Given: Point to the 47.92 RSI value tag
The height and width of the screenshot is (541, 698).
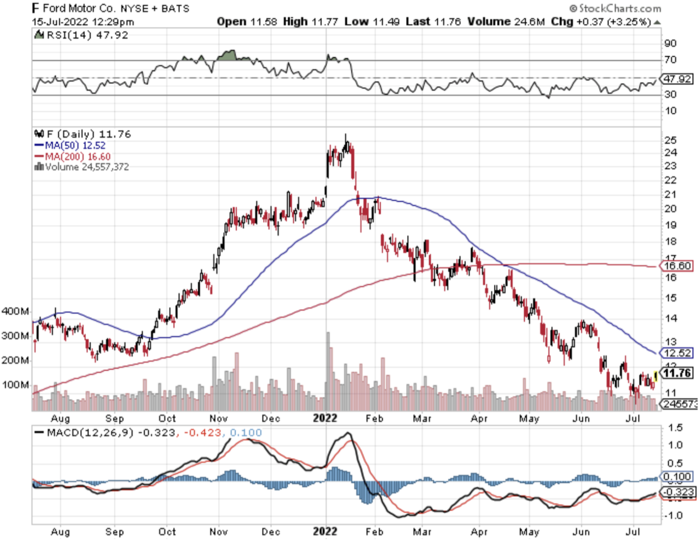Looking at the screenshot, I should [677, 79].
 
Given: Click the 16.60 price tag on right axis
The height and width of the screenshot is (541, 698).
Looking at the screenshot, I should [677, 266].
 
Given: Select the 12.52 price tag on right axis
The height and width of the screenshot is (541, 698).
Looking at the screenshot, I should [677, 353].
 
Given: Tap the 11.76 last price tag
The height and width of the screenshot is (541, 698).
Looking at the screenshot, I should [677, 373].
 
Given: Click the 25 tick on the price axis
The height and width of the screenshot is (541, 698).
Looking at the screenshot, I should [670, 140].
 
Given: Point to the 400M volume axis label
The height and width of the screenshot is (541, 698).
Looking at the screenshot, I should [15, 311].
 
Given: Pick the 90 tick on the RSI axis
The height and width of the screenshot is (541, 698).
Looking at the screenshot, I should [670, 43].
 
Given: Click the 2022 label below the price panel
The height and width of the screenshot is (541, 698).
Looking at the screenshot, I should [325, 418].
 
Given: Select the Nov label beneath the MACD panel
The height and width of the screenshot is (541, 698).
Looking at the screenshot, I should [218, 531].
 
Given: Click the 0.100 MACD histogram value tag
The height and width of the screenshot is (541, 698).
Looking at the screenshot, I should [677, 476].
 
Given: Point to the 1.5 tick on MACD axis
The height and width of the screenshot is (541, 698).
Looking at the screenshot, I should [675, 427].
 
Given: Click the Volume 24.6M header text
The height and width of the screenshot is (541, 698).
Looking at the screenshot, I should [506, 21].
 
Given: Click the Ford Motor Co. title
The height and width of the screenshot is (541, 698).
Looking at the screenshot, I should [79, 8].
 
